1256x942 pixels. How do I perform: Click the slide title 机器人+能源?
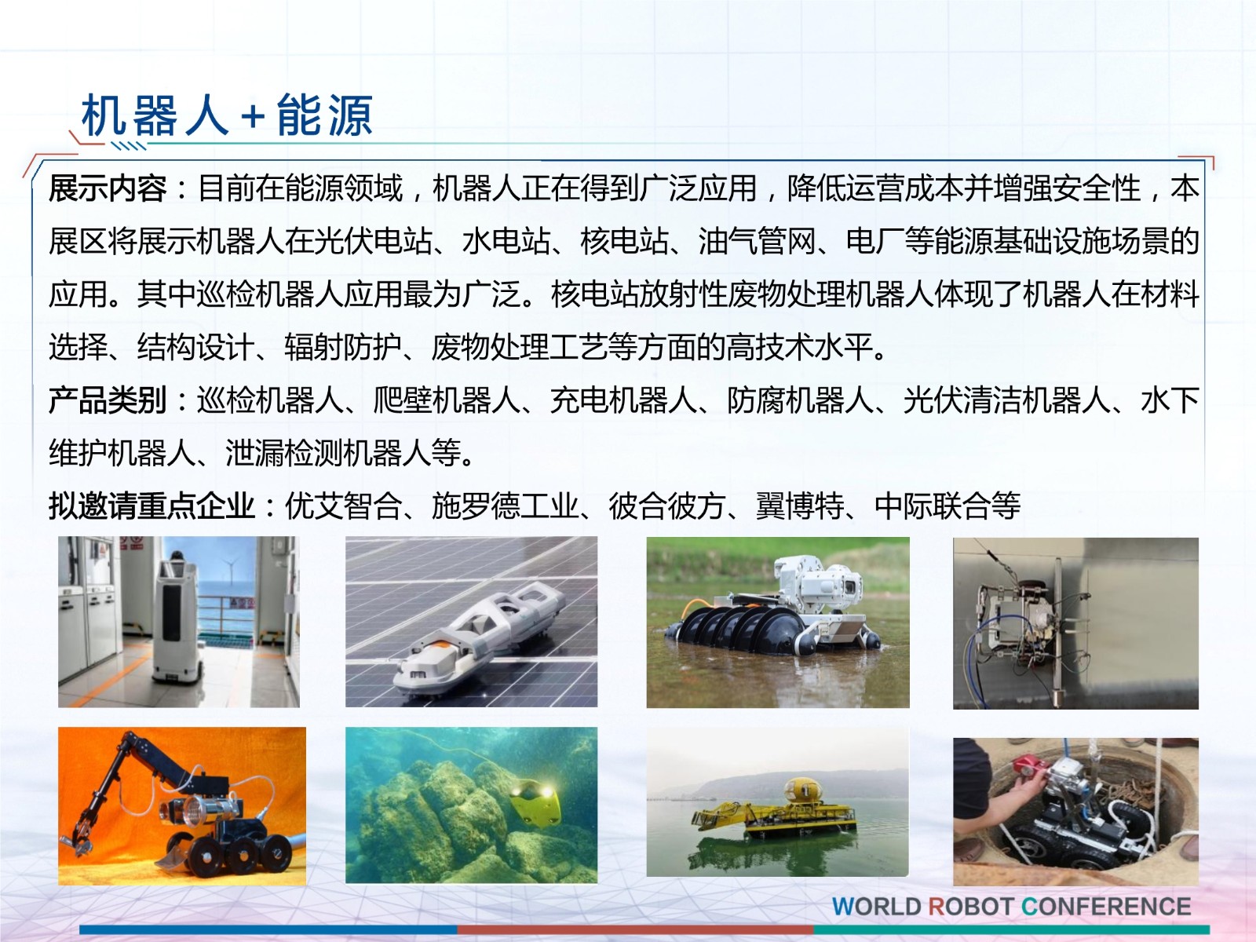click(x=227, y=115)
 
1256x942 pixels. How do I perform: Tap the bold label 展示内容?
click(x=107, y=188)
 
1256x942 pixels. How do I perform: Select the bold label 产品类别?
click(x=107, y=400)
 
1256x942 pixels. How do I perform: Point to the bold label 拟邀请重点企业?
click(x=151, y=506)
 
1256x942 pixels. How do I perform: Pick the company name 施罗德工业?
click(x=506, y=506)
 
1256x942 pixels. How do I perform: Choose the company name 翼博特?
click(x=800, y=506)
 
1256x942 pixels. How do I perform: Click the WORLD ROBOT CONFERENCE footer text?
click(x=1011, y=907)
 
